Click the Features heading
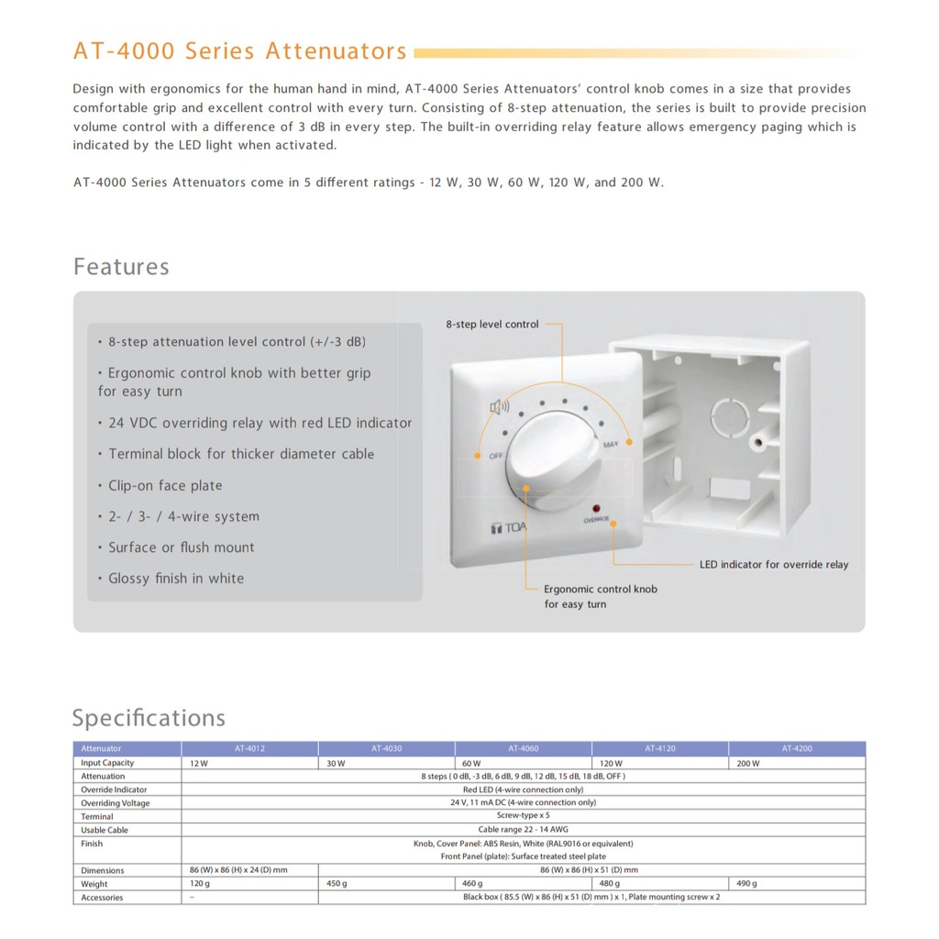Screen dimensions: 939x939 [121, 267]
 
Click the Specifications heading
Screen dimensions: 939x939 [149, 718]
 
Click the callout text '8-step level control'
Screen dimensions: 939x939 [492, 325]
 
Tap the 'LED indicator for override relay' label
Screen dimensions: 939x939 [773, 565]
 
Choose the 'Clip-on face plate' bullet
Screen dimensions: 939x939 [165, 486]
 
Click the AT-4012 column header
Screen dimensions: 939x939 [249, 749]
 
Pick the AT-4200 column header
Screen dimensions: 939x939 [797, 749]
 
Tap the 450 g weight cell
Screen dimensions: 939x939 [337, 884]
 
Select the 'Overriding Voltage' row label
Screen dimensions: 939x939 [116, 803]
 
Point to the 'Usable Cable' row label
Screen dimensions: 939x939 [105, 830]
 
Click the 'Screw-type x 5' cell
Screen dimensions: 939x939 [523, 816]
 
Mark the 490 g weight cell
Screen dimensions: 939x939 [746, 884]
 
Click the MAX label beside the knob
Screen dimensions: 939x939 [611, 445]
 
